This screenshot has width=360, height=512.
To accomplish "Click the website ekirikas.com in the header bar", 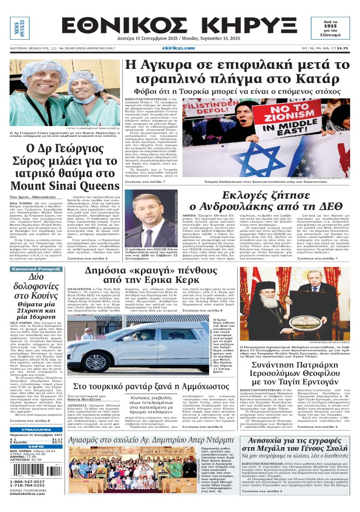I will point(180,48).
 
